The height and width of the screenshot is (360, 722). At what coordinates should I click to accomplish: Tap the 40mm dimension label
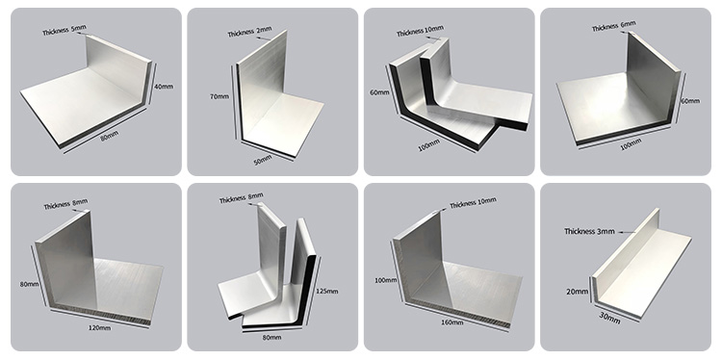tap(164, 86)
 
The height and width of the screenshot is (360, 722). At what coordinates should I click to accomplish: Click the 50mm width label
tap(263, 161)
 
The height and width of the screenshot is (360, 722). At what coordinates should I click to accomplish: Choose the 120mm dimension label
tap(100, 328)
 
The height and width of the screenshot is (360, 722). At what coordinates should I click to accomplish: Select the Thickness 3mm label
tap(589, 232)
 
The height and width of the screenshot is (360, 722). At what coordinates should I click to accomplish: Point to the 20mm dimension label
tap(578, 292)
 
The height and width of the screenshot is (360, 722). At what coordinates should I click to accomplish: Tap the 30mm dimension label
tap(609, 318)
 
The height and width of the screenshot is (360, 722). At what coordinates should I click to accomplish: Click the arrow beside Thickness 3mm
tap(627, 232)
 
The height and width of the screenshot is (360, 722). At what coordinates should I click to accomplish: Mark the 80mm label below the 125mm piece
tap(271, 338)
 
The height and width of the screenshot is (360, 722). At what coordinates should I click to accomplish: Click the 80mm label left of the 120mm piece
tap(29, 284)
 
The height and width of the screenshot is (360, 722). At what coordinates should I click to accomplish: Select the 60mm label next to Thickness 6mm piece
tap(690, 101)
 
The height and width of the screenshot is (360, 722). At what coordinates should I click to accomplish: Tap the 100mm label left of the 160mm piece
tap(385, 280)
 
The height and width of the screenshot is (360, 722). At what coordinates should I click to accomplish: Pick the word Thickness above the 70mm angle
tap(241, 33)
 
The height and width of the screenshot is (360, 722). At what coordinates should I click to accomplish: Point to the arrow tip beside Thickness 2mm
tap(271, 40)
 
